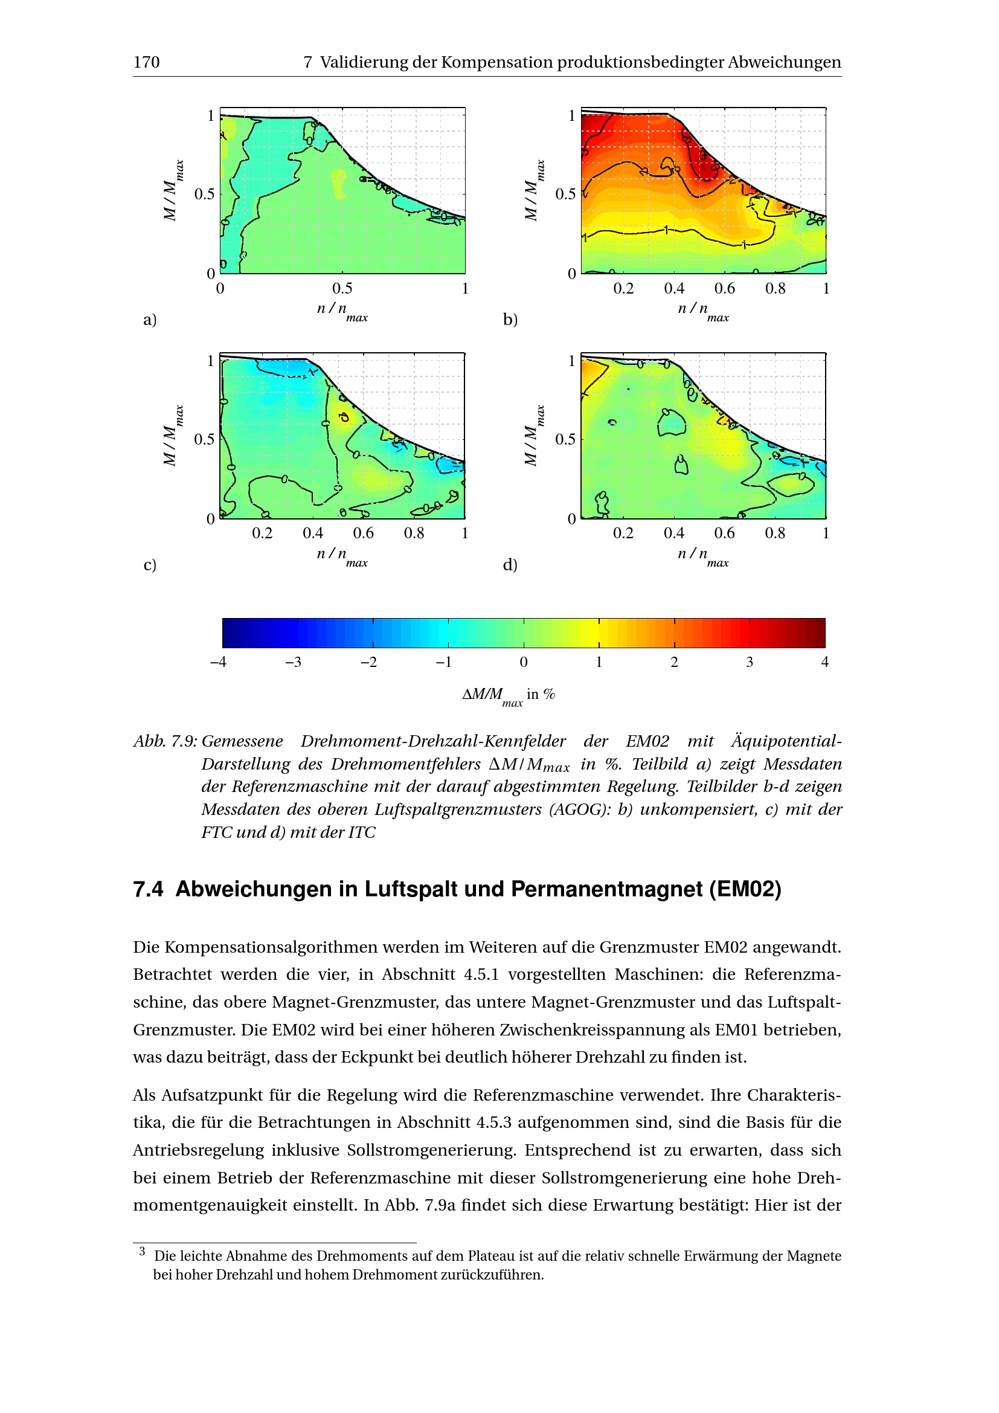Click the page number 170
(x=146, y=62)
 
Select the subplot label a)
(x=149, y=320)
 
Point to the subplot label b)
(x=510, y=320)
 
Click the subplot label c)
(x=149, y=564)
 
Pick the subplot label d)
(x=510, y=564)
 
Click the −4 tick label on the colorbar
(x=219, y=662)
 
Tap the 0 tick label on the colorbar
(x=524, y=662)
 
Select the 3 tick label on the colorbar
(x=749, y=662)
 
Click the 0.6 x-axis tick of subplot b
(x=724, y=288)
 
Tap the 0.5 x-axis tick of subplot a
(x=342, y=288)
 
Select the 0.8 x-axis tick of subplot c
(x=413, y=533)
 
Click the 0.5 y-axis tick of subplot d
(x=565, y=439)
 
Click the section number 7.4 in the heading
(x=148, y=889)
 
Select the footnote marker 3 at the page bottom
(x=142, y=1251)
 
